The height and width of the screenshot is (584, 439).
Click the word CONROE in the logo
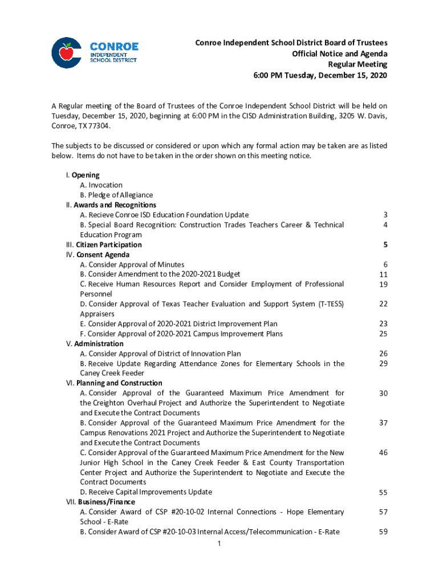(114, 46)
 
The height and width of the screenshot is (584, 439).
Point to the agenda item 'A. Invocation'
(101, 185)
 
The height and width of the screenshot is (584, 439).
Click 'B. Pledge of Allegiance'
(116, 195)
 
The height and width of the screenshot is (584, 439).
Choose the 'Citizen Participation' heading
(108, 245)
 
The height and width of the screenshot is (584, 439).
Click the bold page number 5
(385, 245)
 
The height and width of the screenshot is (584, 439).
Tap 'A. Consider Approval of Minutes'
(132, 265)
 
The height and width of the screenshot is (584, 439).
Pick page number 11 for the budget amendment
(383, 274)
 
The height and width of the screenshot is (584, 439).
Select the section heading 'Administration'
(99, 344)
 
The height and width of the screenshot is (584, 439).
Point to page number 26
(383, 354)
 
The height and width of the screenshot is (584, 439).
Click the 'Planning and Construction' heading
(119, 383)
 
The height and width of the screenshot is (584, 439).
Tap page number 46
(383, 452)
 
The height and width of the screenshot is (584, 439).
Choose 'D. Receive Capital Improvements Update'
(146, 492)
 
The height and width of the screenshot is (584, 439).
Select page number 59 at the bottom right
(383, 532)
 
